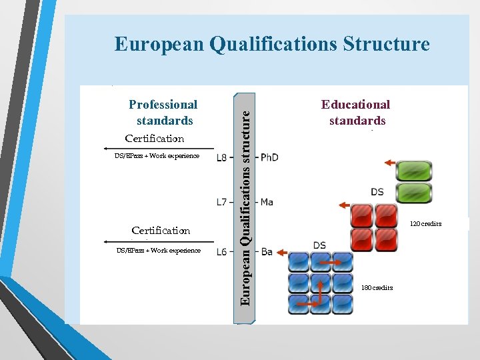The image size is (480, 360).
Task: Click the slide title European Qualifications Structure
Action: coord(272,44)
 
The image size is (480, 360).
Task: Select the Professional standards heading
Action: coord(163,112)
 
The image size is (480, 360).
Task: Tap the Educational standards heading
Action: coord(356,112)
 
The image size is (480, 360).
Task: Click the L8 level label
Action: coord(222,157)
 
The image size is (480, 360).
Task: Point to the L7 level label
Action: coord(222,201)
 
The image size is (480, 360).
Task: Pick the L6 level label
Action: coord(222,251)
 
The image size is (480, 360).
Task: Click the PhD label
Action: coord(269,157)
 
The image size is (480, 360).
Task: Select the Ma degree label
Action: coord(267,201)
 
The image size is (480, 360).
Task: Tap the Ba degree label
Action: coord(266,252)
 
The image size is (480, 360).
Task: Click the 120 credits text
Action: coord(425,224)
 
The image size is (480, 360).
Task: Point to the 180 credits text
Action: coord(377,288)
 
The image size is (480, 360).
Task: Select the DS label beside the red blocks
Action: coord(377,192)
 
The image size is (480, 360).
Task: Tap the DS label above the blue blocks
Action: coord(319,245)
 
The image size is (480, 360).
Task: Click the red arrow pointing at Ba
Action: coord(281,253)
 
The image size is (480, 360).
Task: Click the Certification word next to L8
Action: coord(155,139)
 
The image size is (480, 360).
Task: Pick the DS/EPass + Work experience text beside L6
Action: coord(158,251)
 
